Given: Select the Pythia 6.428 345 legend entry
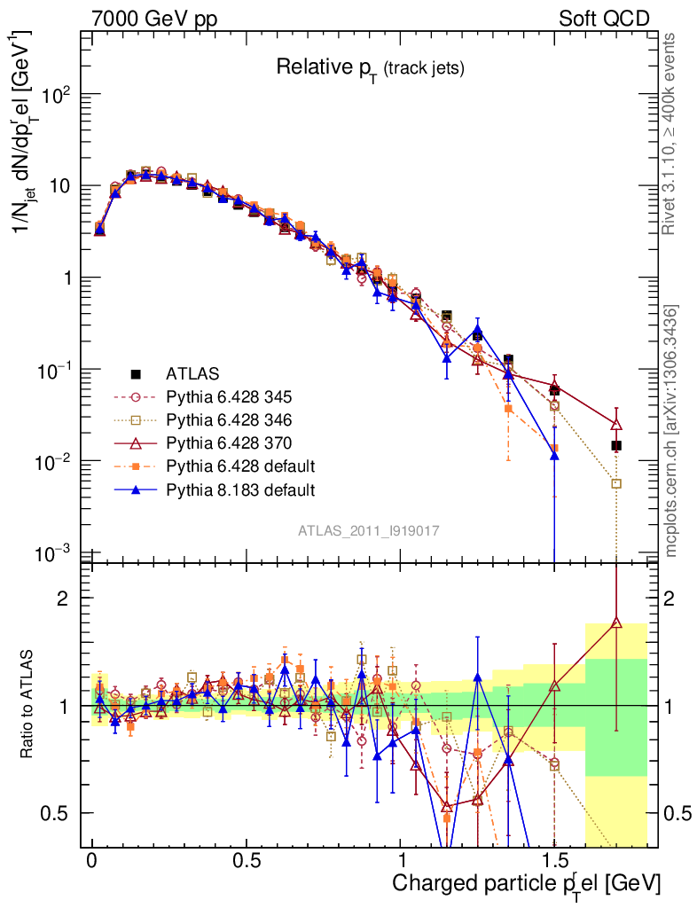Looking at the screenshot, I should [229, 397].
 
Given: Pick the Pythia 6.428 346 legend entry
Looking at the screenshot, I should [229, 420].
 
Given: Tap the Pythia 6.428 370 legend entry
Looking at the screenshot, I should [229, 443].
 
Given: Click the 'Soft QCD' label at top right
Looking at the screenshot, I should [604, 18].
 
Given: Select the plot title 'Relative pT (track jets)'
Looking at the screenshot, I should [370, 67].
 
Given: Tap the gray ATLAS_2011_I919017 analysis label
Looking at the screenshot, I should [369, 530].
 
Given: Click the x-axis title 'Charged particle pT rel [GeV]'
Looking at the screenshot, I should [527, 883].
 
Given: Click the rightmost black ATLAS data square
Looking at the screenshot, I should [616, 445].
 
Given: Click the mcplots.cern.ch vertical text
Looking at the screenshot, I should [672, 431].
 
